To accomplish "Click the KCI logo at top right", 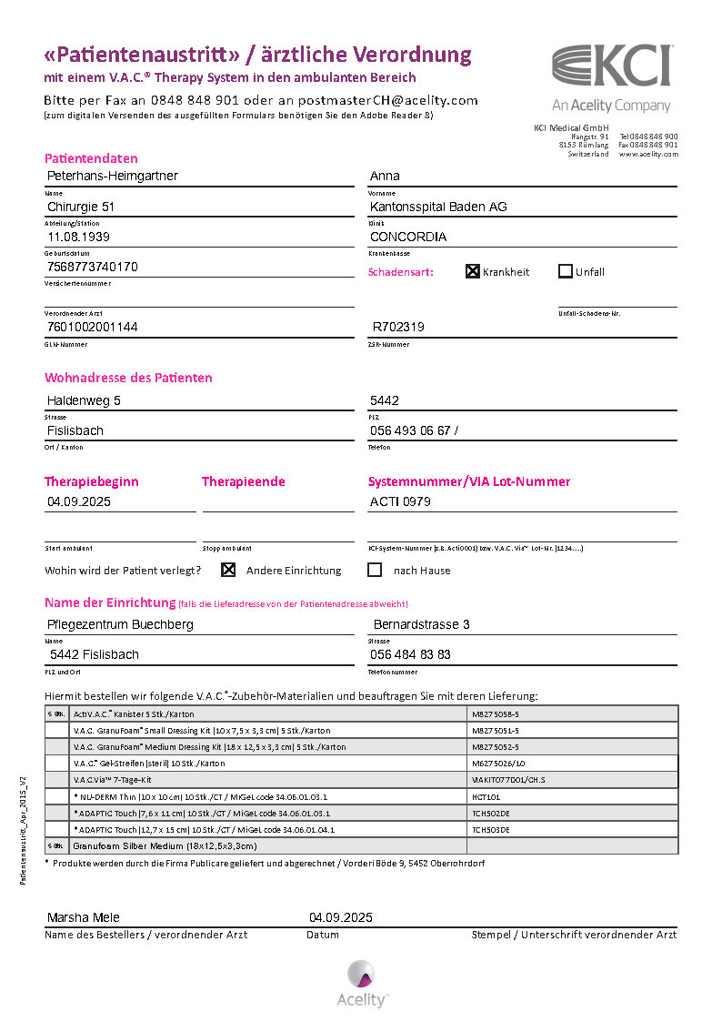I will click(612, 66).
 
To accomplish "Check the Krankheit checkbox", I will click(473, 271).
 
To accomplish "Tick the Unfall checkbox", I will click(566, 271).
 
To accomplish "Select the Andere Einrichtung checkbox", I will click(228, 570).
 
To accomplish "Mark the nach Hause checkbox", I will click(375, 570).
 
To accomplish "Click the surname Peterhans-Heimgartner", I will click(113, 176).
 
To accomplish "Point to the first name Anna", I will click(385, 176).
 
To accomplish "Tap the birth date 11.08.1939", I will click(81, 237).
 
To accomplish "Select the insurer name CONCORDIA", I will click(408, 237).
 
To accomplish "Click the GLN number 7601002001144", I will click(93, 327).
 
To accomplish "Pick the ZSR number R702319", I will click(398, 327).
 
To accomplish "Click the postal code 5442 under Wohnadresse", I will click(385, 400).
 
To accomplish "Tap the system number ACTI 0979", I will click(400, 501).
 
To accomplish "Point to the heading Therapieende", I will click(243, 481).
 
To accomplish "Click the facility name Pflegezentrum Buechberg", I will click(120, 624).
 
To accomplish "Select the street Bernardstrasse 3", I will click(422, 624).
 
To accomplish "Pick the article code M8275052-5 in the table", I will click(496, 747).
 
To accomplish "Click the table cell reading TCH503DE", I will click(491, 830).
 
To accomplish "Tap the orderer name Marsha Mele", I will click(83, 917).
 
